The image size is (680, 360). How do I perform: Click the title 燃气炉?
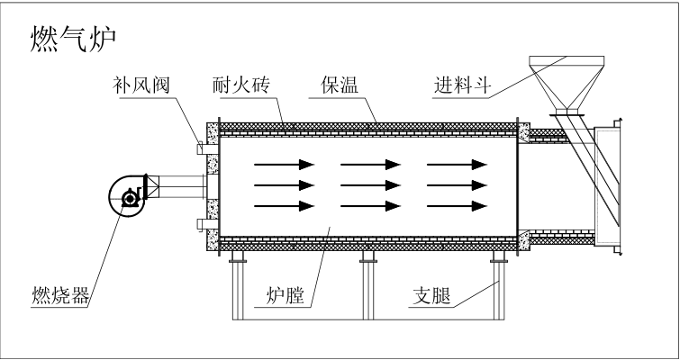click(x=73, y=39)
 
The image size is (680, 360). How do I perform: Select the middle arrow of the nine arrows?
click(x=369, y=185)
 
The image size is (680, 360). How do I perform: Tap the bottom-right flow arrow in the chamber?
click(x=457, y=206)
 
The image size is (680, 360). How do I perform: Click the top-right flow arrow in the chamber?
click(x=457, y=164)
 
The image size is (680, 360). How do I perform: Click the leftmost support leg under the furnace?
click(x=238, y=288)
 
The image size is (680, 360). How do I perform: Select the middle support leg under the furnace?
click(x=367, y=288)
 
